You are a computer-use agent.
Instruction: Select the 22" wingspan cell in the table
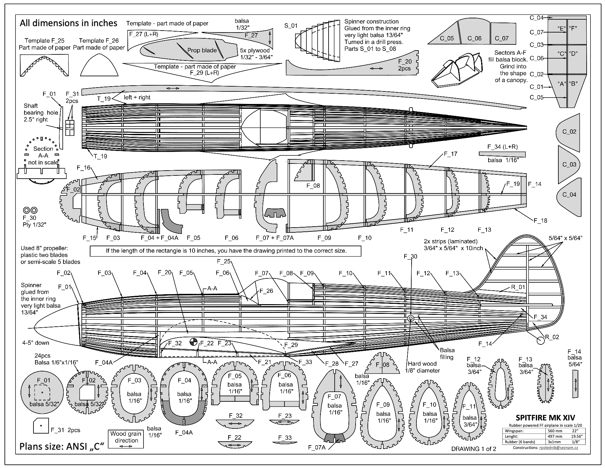tap(574, 431)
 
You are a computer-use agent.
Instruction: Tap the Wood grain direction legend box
tap(126, 439)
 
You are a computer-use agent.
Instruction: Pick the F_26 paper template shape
tap(98, 65)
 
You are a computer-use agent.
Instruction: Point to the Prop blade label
tap(202, 50)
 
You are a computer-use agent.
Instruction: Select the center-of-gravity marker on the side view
tap(193, 342)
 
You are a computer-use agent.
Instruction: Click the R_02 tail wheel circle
tap(541, 340)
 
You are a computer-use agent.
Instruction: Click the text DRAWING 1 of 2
tap(473, 449)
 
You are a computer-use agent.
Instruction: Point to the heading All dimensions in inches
tap(69, 23)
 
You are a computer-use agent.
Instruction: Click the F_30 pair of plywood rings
tap(30, 211)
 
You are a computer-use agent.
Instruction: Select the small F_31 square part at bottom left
tap(41, 426)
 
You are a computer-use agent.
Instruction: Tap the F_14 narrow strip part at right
tap(575, 384)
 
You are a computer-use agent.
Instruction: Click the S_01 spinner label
tap(291, 26)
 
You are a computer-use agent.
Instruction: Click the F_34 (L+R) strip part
tap(502, 154)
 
